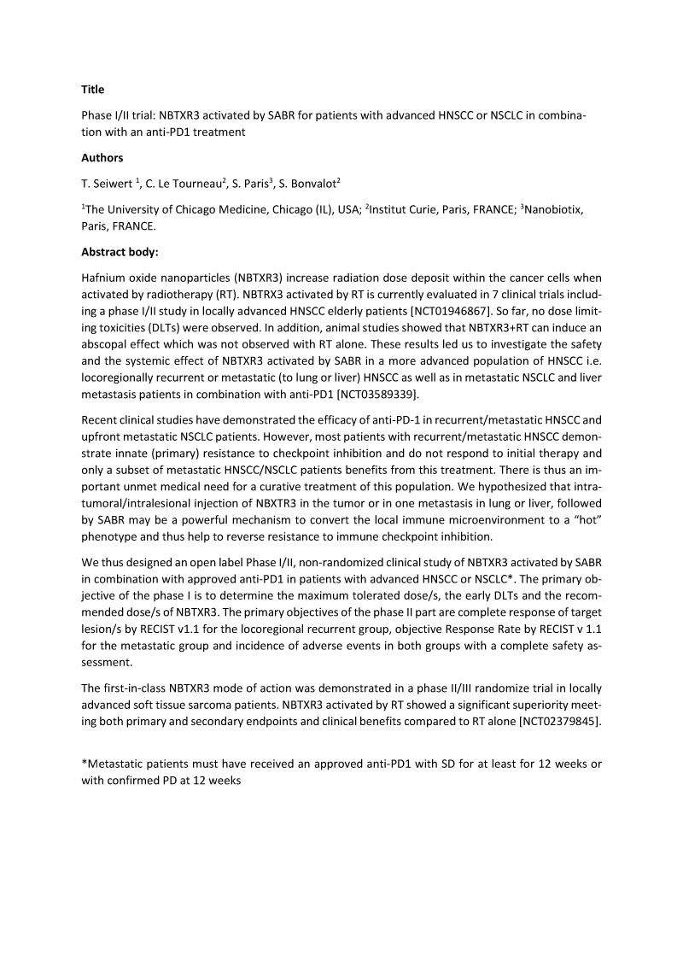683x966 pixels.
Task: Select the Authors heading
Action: (x=102, y=158)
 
